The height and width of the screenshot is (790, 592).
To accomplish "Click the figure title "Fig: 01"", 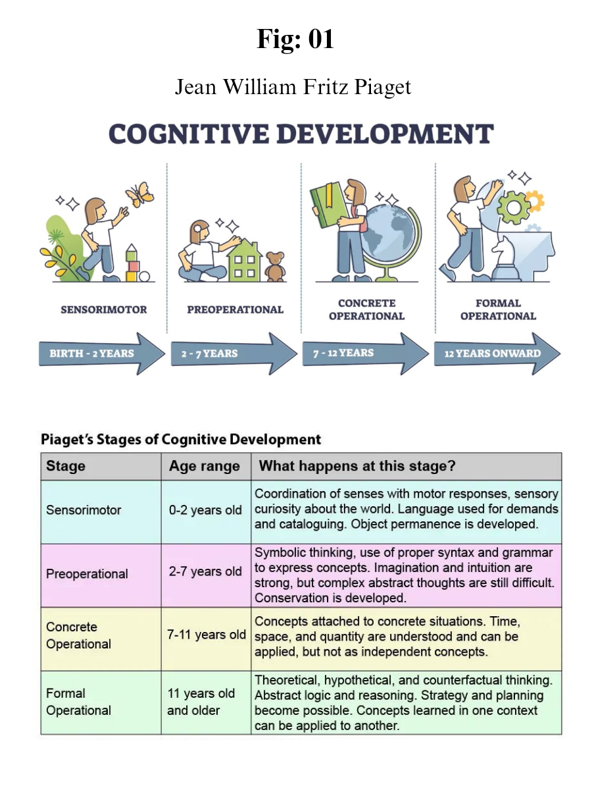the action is [x=295, y=40].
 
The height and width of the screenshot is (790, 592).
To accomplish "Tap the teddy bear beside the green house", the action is [x=275, y=266].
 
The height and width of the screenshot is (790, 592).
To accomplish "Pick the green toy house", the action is [x=244, y=259].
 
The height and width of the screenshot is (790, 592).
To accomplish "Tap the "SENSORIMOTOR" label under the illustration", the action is [x=104, y=309].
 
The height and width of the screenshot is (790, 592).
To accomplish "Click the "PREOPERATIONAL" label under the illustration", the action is [x=235, y=309].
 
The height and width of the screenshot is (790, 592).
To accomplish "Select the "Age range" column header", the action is [x=205, y=467].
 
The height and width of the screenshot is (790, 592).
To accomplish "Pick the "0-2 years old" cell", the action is [x=205, y=510].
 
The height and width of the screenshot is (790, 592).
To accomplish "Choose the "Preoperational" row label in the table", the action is [x=87, y=574].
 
